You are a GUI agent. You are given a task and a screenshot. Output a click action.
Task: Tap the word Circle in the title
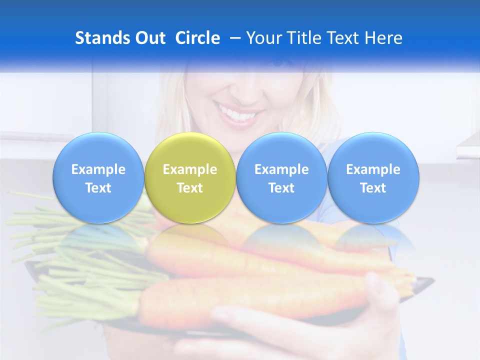pyautogui.click(x=197, y=38)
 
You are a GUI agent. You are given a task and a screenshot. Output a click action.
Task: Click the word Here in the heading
pyautogui.click(x=384, y=38)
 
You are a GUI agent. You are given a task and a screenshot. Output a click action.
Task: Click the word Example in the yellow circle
pyautogui.click(x=190, y=169)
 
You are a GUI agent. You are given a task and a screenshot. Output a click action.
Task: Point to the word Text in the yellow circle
pyautogui.click(x=190, y=188)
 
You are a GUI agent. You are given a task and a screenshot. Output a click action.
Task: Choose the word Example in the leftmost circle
pyautogui.click(x=98, y=169)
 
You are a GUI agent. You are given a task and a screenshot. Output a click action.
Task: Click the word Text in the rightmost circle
pyautogui.click(x=373, y=188)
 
